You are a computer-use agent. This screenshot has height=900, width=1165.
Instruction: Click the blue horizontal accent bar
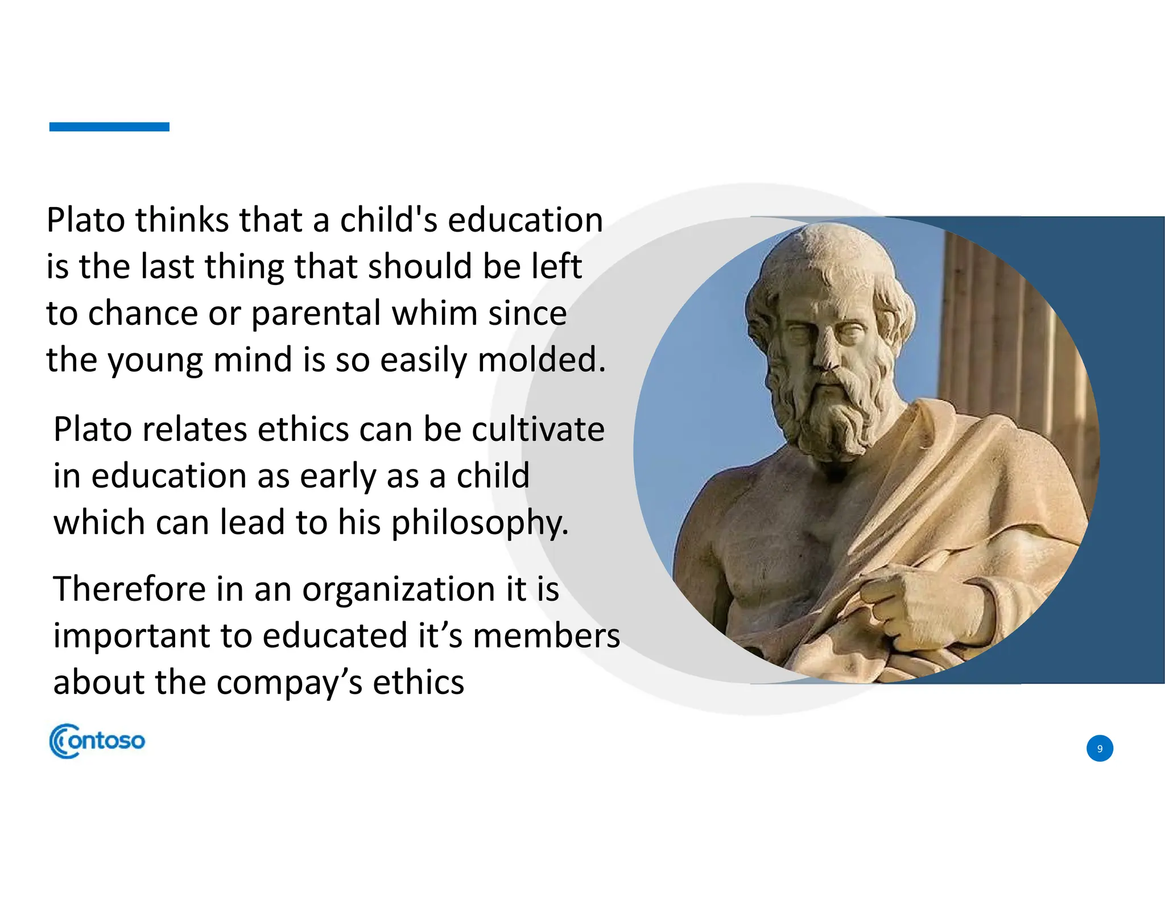pyautogui.click(x=109, y=127)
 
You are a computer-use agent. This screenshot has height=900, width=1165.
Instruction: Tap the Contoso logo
pyautogui.click(x=97, y=741)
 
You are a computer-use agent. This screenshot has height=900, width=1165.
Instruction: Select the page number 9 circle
pyautogui.click(x=1099, y=748)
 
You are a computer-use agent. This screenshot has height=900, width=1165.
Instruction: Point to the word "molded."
pyautogui.click(x=542, y=360)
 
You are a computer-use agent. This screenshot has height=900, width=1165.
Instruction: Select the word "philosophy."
pyautogui.click(x=480, y=523)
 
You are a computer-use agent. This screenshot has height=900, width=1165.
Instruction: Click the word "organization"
pyautogui.click(x=398, y=590)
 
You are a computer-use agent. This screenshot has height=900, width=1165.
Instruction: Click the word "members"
pyautogui.click(x=546, y=636)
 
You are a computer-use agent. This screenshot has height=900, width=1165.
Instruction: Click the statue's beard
pyautogui.click(x=831, y=415)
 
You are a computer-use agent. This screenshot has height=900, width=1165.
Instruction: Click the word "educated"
pyautogui.click(x=335, y=636)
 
